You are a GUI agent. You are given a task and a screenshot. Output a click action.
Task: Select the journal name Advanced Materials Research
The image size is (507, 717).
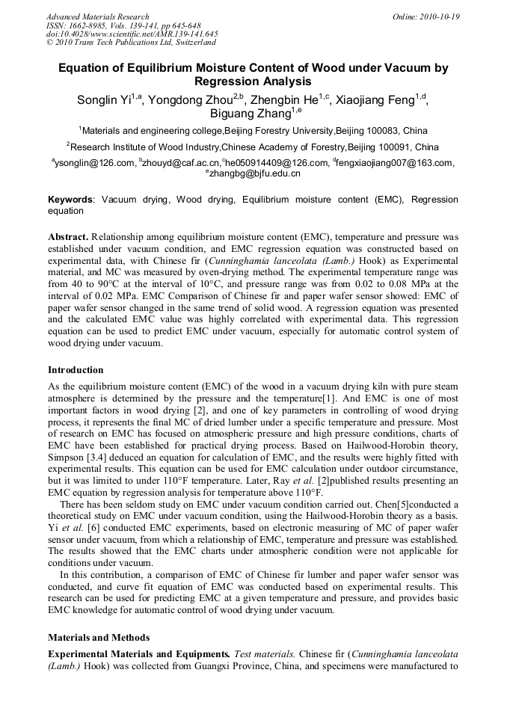point(97,16)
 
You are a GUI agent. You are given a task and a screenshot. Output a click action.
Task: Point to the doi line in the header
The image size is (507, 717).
point(132,34)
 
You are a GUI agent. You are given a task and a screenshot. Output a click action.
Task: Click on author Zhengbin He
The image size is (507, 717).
point(284,100)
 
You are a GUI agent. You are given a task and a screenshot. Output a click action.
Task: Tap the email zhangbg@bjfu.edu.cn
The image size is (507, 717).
point(255,173)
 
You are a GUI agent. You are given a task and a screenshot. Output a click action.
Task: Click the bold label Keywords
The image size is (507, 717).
point(71,200)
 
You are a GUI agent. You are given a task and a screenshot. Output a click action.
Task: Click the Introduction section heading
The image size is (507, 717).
point(76,369)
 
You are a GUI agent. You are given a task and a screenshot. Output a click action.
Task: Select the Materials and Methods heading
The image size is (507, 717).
point(99,638)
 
